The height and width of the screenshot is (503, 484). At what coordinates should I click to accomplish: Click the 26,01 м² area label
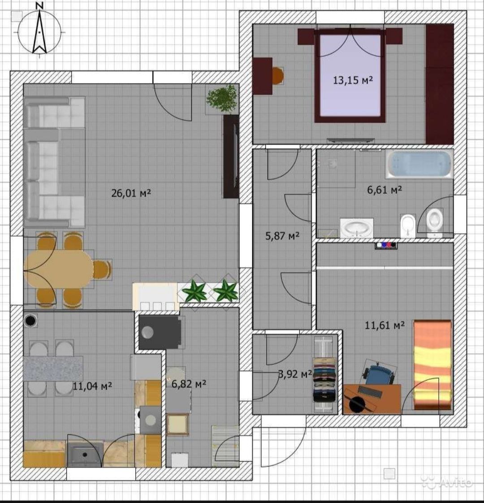click(131, 193)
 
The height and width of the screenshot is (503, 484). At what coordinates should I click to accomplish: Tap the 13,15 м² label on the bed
click(353, 80)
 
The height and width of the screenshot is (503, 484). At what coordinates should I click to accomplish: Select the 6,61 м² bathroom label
click(384, 190)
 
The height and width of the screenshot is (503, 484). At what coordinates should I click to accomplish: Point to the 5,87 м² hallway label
click(282, 236)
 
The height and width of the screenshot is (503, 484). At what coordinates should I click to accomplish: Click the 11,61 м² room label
click(384, 325)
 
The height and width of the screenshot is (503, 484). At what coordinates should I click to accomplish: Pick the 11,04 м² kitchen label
click(92, 386)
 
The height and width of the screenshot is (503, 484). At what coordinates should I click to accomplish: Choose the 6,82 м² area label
click(189, 384)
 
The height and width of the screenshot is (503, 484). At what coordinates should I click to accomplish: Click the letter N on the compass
click(39, 5)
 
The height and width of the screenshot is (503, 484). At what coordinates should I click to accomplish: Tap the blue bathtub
click(419, 164)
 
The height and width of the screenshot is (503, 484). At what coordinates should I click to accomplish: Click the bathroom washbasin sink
click(357, 228)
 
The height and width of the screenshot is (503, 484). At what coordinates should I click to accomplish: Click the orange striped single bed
click(432, 365)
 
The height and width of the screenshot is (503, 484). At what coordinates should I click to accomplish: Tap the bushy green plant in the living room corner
click(222, 98)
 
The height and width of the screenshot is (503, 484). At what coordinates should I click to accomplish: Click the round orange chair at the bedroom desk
click(278, 76)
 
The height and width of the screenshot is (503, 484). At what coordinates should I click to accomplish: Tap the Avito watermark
click(446, 481)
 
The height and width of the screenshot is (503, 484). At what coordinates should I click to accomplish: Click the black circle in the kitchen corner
click(31, 320)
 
